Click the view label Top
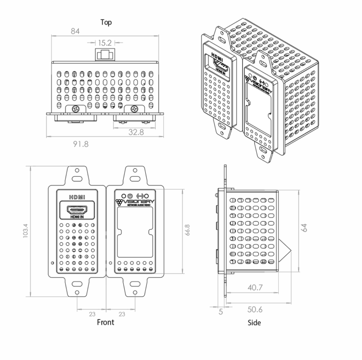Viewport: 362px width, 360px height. click(x=106, y=22)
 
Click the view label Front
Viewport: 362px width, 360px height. click(x=105, y=322)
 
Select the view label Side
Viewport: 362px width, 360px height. click(x=254, y=322)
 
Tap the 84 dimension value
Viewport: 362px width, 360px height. click(x=75, y=32)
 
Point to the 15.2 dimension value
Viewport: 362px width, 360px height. click(x=105, y=43)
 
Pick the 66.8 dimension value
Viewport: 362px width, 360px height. click(x=187, y=230)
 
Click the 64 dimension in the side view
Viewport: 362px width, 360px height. click(x=305, y=228)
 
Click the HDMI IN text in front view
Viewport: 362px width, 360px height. click(x=77, y=217)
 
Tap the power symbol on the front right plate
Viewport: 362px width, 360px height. click(x=130, y=192)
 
